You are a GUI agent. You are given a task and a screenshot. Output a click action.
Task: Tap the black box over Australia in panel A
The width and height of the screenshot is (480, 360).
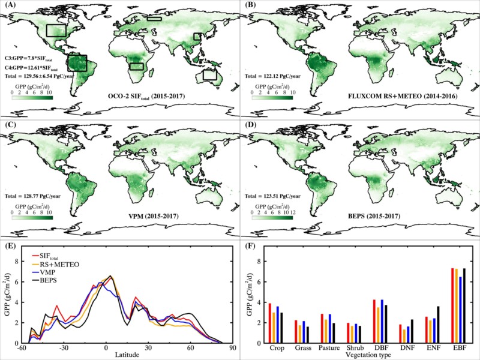point(210,75)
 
